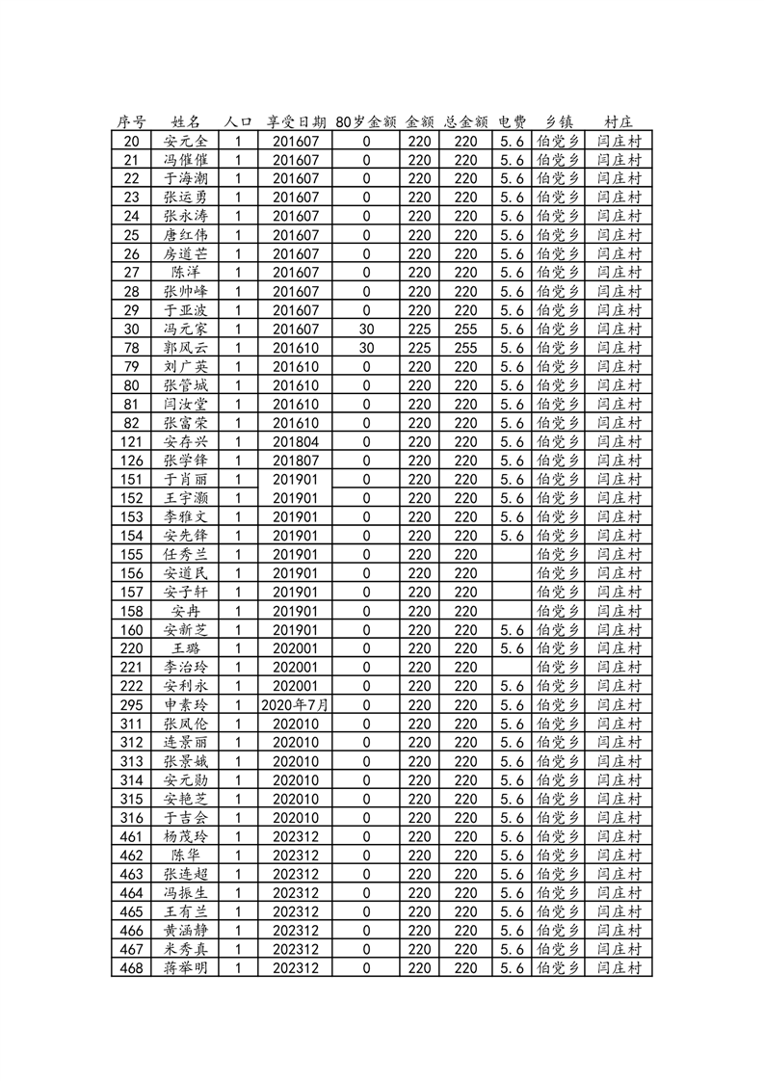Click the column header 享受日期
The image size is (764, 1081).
coord(295,121)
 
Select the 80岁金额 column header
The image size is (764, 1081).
coord(366,121)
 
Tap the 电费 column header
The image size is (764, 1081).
coord(512,121)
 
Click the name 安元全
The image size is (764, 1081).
coord(185,141)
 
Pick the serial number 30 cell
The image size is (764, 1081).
coord(132,329)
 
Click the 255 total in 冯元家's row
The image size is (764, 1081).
coord(465,329)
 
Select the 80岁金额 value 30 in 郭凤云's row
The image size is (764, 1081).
coord(366,348)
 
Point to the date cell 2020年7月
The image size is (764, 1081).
coord(295,705)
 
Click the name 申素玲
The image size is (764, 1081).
coord(185,705)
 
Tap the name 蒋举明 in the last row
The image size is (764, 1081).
coord(185,968)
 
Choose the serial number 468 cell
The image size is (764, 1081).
coord(132,968)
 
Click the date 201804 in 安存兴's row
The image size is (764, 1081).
coord(295,441)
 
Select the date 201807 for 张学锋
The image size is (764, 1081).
coord(295,461)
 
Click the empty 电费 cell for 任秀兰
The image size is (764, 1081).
coord(512,554)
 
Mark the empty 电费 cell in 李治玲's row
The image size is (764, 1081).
coord(512,667)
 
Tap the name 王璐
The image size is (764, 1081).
coord(185,648)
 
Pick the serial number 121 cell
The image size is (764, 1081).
coord(132,441)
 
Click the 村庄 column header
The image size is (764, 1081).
coord(619,121)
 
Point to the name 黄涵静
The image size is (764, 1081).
coord(185,931)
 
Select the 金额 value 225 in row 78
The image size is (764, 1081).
coord(419,348)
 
